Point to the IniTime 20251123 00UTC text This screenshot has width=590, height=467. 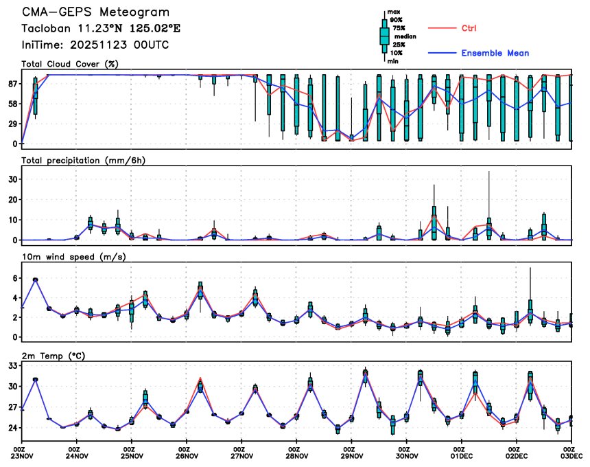95,45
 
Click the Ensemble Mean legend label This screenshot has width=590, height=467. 495,53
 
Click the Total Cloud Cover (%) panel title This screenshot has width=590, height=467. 70,65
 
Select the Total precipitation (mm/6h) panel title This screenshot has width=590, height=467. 83,160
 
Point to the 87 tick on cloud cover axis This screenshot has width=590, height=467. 12,84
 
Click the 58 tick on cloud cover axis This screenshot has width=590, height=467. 12,104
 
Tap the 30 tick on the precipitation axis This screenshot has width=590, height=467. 12,179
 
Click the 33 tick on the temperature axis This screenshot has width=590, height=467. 12,366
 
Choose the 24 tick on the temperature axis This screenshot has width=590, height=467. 12,429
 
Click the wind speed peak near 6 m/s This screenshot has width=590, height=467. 36,280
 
